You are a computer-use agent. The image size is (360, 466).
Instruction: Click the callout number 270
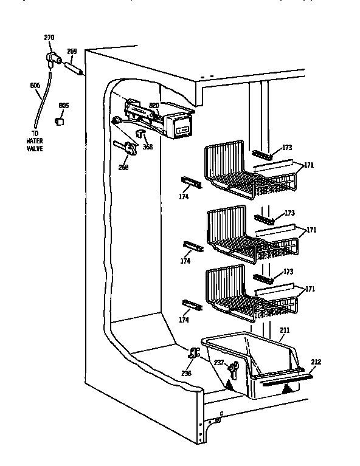[49, 38]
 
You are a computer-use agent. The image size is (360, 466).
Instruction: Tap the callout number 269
[71, 52]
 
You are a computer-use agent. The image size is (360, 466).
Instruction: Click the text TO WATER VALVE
[34, 141]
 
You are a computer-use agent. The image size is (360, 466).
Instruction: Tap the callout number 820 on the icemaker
[154, 105]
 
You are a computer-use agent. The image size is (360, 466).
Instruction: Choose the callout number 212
[316, 362]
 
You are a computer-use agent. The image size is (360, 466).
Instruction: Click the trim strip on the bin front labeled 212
[286, 381]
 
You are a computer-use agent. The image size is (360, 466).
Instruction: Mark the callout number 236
[186, 372]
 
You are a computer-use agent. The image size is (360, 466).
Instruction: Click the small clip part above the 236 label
[194, 353]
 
